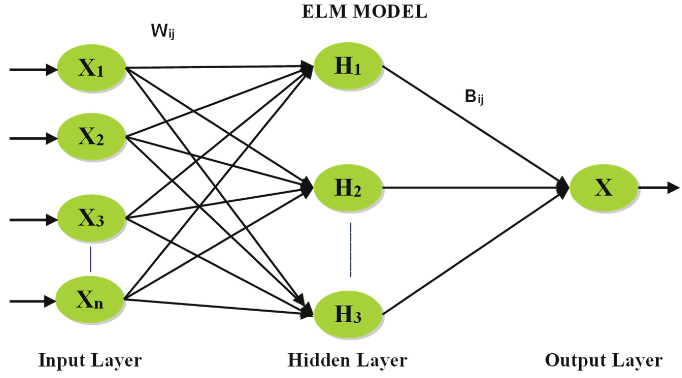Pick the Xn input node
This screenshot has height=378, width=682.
tap(90, 301)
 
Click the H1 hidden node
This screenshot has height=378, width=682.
tap(348, 66)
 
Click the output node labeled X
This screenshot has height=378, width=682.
tap(604, 188)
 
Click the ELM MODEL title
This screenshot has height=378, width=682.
tap(364, 12)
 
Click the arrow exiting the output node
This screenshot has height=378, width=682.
tap(659, 188)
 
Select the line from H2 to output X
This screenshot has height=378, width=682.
tap(476, 188)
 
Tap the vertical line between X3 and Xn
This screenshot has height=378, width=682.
tap(91, 259)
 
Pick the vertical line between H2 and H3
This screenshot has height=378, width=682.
tap(351, 250)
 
